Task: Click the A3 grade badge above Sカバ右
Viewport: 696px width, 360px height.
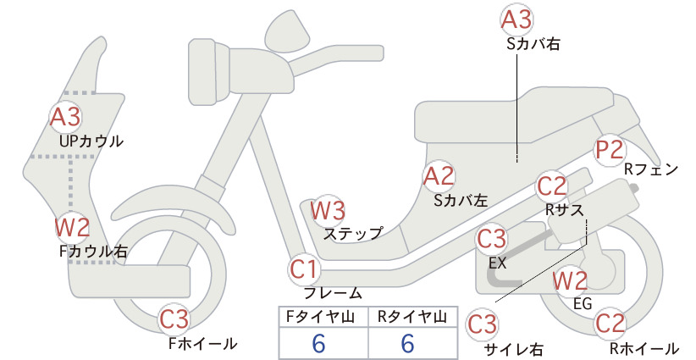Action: pyautogui.click(x=516, y=20)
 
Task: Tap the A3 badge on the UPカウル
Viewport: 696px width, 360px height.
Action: pyautogui.click(x=65, y=117)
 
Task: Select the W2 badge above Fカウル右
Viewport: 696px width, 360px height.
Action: pyautogui.click(x=72, y=227)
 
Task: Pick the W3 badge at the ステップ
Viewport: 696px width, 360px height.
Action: pyautogui.click(x=328, y=210)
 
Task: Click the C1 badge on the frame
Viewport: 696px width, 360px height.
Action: pyautogui.click(x=304, y=269)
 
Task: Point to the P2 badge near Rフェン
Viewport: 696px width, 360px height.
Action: pyautogui.click(x=610, y=150)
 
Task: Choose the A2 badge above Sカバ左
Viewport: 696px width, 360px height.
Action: pyautogui.click(x=438, y=176)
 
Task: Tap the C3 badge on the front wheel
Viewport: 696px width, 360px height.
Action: pyautogui.click(x=174, y=319)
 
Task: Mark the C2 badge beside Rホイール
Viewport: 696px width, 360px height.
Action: pyautogui.click(x=610, y=324)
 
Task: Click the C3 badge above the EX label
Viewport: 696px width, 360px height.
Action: pyautogui.click(x=491, y=239)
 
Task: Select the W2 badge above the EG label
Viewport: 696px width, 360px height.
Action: pyautogui.click(x=570, y=280)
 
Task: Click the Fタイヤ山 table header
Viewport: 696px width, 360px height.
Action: pyautogui.click(x=320, y=317)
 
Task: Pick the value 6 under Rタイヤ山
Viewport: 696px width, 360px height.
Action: pyautogui.click(x=408, y=343)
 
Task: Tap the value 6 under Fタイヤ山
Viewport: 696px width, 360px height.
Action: pyautogui.click(x=318, y=343)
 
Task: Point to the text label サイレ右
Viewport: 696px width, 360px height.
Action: pyautogui.click(x=514, y=350)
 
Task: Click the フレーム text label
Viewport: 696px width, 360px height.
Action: pyautogui.click(x=333, y=293)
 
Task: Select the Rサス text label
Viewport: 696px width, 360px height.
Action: pyautogui.click(x=564, y=209)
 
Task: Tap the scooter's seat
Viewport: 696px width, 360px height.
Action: pyautogui.click(x=515, y=115)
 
